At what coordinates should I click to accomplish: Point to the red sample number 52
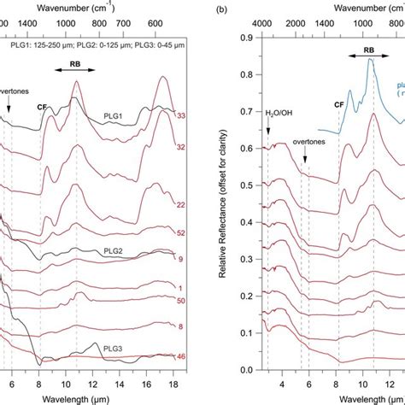coord(180,232)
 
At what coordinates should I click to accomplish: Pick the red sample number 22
coord(180,205)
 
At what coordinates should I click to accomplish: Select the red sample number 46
coord(180,355)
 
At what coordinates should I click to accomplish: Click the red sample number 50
coord(180,301)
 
